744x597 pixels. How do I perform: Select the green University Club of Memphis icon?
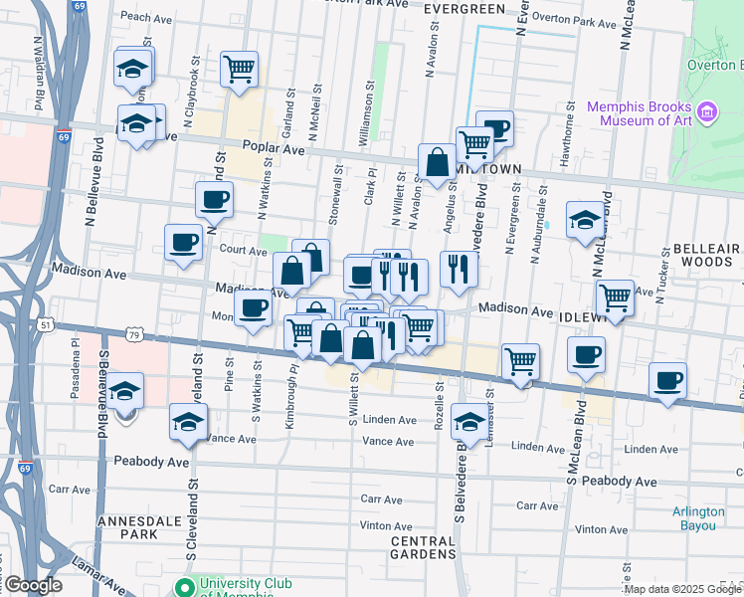(x=183, y=587)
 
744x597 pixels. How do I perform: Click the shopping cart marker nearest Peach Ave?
(x=239, y=70)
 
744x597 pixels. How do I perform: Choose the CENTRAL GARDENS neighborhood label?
(x=424, y=548)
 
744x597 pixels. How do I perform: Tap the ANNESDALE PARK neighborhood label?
(x=127, y=526)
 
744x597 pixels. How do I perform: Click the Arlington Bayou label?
(x=698, y=518)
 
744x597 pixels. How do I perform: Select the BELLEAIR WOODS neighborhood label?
(x=706, y=255)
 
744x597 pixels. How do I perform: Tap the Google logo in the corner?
(x=32, y=585)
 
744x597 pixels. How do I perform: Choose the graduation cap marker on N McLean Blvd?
(x=585, y=219)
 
